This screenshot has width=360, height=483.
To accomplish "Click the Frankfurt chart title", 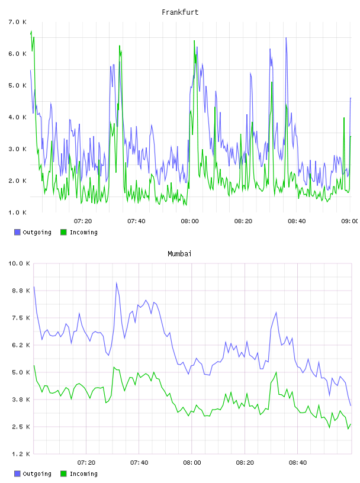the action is click(x=180, y=12).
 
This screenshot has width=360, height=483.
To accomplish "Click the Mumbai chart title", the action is click(x=179, y=254).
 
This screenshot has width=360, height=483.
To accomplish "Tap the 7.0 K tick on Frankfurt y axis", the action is click(x=18, y=22).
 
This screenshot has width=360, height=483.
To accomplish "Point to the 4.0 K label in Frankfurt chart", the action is click(x=18, y=117).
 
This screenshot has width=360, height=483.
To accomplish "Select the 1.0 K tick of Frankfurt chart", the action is click(x=18, y=212).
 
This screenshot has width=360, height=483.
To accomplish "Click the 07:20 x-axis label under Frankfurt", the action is click(x=83, y=221).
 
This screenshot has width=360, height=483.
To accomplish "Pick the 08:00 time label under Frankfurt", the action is click(x=190, y=221).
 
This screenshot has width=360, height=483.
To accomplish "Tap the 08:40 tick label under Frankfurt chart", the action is click(x=297, y=221).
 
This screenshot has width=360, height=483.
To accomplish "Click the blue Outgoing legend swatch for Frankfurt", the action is click(x=17, y=232).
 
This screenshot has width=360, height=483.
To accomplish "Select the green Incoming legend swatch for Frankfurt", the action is click(x=63, y=232).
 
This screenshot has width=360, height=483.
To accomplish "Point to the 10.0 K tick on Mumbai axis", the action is click(x=19, y=263).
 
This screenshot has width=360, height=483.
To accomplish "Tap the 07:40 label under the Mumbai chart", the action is click(x=139, y=462).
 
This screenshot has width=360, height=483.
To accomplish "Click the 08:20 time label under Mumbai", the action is click(x=245, y=462).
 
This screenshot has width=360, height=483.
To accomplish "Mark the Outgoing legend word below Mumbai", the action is click(x=37, y=474).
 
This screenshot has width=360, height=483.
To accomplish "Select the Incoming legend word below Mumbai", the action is click(x=83, y=474).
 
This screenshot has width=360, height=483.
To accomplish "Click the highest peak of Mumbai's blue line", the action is click(x=117, y=282).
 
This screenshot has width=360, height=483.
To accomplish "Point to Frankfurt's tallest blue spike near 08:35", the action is click(x=286, y=38).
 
